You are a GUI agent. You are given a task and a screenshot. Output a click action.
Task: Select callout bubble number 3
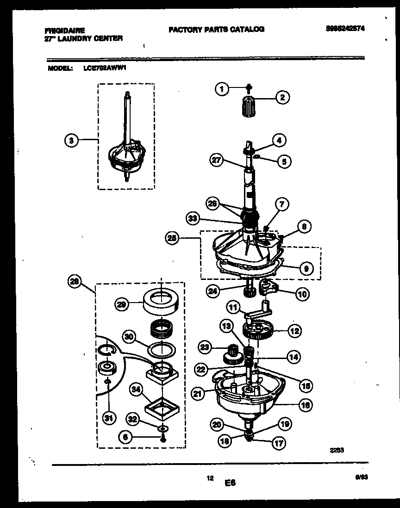pos(70,140)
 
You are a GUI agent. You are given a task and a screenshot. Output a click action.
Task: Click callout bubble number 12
pos(294,331)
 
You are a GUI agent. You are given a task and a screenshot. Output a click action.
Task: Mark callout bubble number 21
pos(198,394)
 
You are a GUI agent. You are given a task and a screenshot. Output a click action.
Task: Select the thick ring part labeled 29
pos(161,304)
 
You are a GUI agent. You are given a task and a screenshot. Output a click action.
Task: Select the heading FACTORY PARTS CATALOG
pos(216,29)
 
